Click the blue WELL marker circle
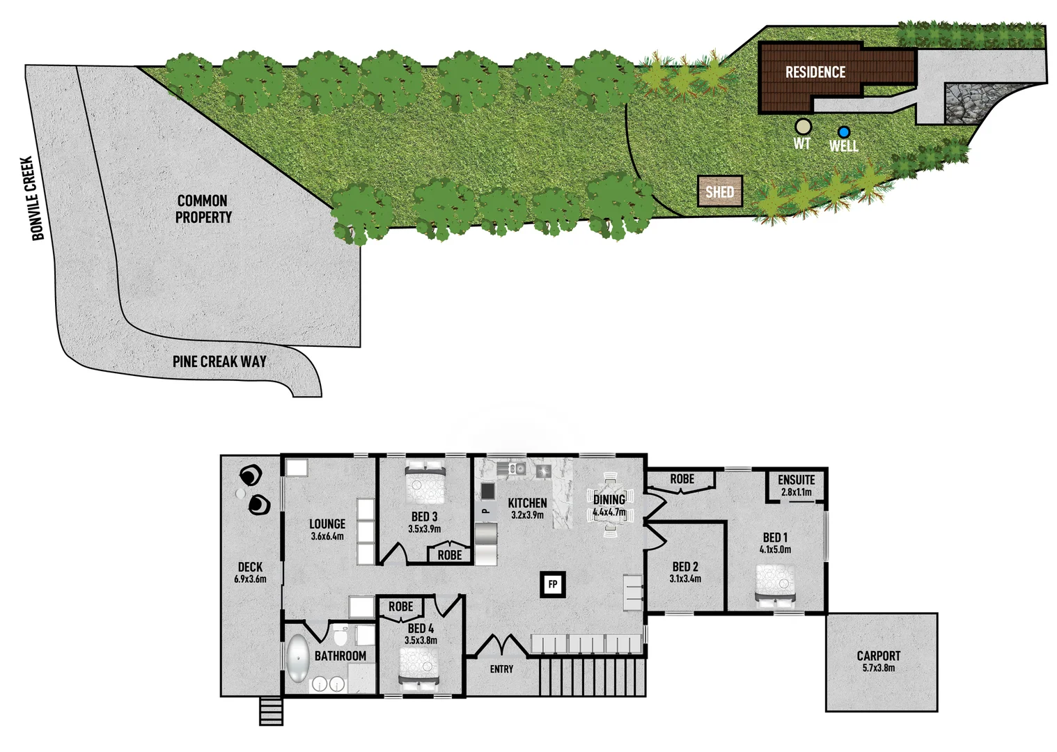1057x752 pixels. click(844, 132)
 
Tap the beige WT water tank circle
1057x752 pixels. click(804, 126)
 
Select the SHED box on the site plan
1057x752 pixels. click(720, 191)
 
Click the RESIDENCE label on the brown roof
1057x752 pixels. click(815, 72)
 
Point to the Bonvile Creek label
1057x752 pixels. click(34, 198)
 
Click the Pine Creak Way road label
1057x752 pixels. click(219, 361)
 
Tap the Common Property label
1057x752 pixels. click(203, 209)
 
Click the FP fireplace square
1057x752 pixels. click(553, 584)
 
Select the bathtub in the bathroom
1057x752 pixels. click(297, 659)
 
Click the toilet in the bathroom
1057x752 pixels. click(340, 636)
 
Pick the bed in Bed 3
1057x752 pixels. click(425, 482)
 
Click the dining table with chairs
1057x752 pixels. click(610, 503)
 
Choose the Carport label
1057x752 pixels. click(878, 656)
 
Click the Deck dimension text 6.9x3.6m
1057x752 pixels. click(250, 579)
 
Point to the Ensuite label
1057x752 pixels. click(796, 480)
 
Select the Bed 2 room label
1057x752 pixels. click(685, 567)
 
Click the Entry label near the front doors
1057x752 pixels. click(501, 669)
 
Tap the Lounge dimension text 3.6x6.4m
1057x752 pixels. click(327, 536)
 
